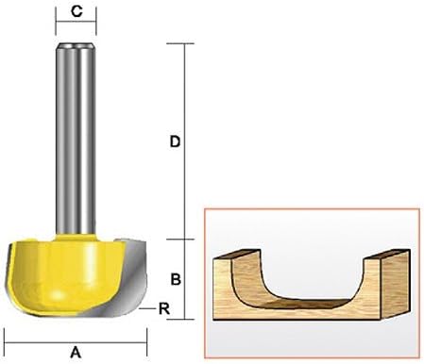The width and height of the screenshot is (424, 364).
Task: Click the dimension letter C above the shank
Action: coord(76,11)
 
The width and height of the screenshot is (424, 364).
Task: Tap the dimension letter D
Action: coord(175,141)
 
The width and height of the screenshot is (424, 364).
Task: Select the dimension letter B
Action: coord(176,279)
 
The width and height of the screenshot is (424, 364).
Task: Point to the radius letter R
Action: coord(164,308)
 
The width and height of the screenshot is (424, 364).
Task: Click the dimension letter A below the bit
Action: coord(76,353)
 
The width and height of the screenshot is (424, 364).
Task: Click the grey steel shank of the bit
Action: coord(76,139)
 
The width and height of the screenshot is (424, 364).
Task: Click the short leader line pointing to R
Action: coord(147,308)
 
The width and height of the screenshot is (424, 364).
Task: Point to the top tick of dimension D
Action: coord(180,43)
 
